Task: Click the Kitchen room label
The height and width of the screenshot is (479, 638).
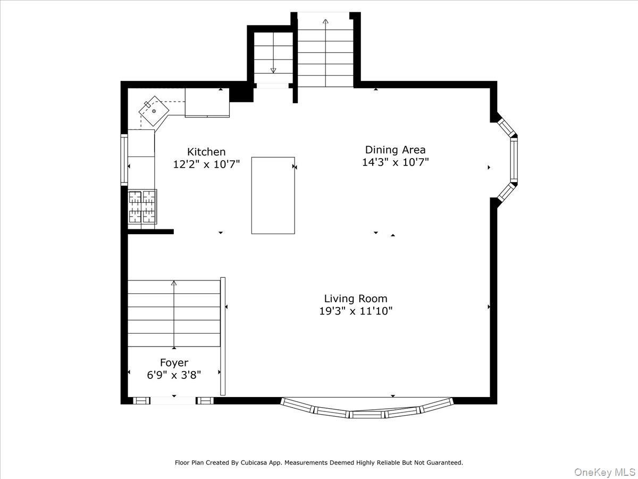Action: (x=206, y=152)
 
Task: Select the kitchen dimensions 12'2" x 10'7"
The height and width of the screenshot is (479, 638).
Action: (x=206, y=164)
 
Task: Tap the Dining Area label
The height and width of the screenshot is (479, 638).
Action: (x=395, y=150)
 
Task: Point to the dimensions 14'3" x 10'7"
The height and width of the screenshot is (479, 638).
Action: (x=395, y=162)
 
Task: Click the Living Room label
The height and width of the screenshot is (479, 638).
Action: (x=356, y=299)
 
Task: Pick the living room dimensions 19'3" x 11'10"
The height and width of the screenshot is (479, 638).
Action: (x=356, y=311)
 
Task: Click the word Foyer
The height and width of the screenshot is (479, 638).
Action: (x=174, y=363)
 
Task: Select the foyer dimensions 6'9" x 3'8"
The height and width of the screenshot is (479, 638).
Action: (x=174, y=375)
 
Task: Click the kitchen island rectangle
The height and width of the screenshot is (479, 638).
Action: (x=273, y=195)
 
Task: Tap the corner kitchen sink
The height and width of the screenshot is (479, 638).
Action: (x=154, y=111)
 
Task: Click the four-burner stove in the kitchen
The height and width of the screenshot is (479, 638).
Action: (x=142, y=206)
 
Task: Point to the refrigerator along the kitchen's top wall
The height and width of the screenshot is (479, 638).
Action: (x=207, y=103)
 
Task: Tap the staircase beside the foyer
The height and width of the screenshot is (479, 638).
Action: (x=174, y=313)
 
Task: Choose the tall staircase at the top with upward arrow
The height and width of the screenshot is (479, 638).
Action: (x=325, y=51)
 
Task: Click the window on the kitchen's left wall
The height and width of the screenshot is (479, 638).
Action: (x=124, y=160)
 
